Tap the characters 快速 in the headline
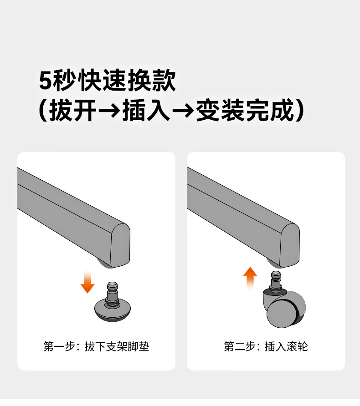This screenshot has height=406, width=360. pos(102,80)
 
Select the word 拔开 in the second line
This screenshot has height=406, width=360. pos(73,110)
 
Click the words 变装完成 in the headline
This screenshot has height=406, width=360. pos(245,110)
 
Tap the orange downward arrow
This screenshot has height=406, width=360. pos(87,282)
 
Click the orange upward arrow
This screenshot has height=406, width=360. pos(250,278)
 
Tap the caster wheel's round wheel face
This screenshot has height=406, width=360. pos(281,314)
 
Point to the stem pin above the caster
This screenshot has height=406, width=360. pos(276,282)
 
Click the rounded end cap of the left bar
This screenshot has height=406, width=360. pos(120,245)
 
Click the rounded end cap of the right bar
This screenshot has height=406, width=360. pos(290,245)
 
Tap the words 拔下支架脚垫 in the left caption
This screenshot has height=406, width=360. pos(117,346)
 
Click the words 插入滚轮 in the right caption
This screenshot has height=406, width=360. pos(286,346)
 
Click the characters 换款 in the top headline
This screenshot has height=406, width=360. pos(152,80)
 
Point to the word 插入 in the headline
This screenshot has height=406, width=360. pos(146,110)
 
